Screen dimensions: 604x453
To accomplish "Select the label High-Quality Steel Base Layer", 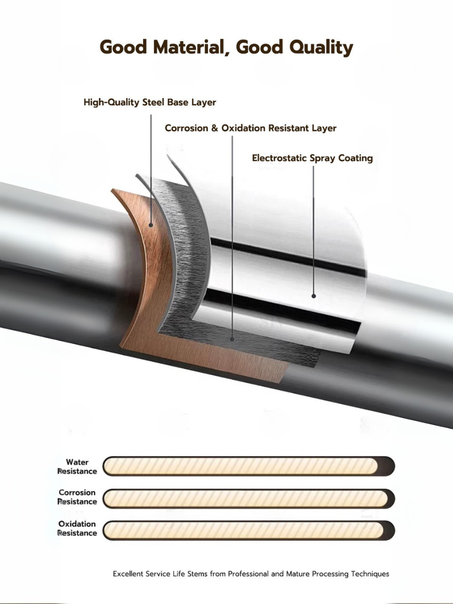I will (150, 102).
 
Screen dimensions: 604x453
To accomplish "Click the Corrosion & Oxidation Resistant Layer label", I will (251, 128).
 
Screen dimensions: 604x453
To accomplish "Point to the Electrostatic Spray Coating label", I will (312, 158).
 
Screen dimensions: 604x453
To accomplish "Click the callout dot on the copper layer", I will (151, 225).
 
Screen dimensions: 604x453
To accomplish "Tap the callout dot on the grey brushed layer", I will (232, 339).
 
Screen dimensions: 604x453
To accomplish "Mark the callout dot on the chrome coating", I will (314, 296).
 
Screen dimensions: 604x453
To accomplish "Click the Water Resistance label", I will (77, 467).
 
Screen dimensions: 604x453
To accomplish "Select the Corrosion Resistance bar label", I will (77, 497).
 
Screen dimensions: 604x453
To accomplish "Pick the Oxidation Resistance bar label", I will (77, 528).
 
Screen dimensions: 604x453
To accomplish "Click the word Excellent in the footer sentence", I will (128, 574).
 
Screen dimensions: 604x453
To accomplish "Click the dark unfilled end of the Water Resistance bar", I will (386, 466).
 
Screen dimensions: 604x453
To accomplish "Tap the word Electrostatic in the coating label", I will (279, 158).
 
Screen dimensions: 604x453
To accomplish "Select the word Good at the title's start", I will (124, 47).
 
